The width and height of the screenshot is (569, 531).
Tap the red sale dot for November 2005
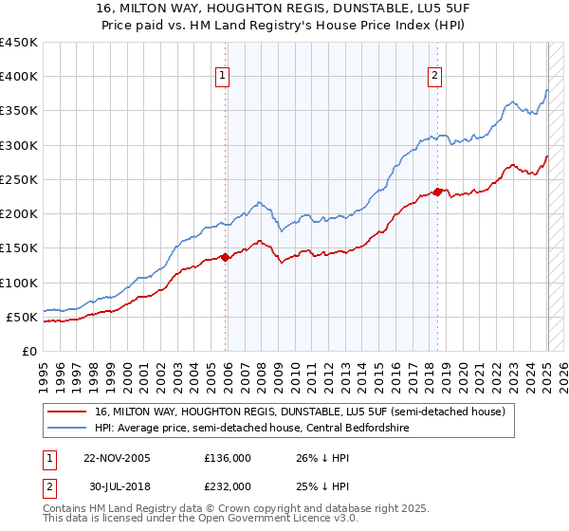tap(226, 257)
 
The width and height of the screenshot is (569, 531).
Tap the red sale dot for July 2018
tap(437, 192)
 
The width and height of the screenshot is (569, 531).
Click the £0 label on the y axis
tap(30, 351)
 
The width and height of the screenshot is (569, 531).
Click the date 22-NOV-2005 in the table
tap(117, 457)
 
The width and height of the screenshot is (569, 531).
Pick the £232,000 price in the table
tap(227, 485)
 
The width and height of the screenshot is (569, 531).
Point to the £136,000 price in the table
tap(227, 457)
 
